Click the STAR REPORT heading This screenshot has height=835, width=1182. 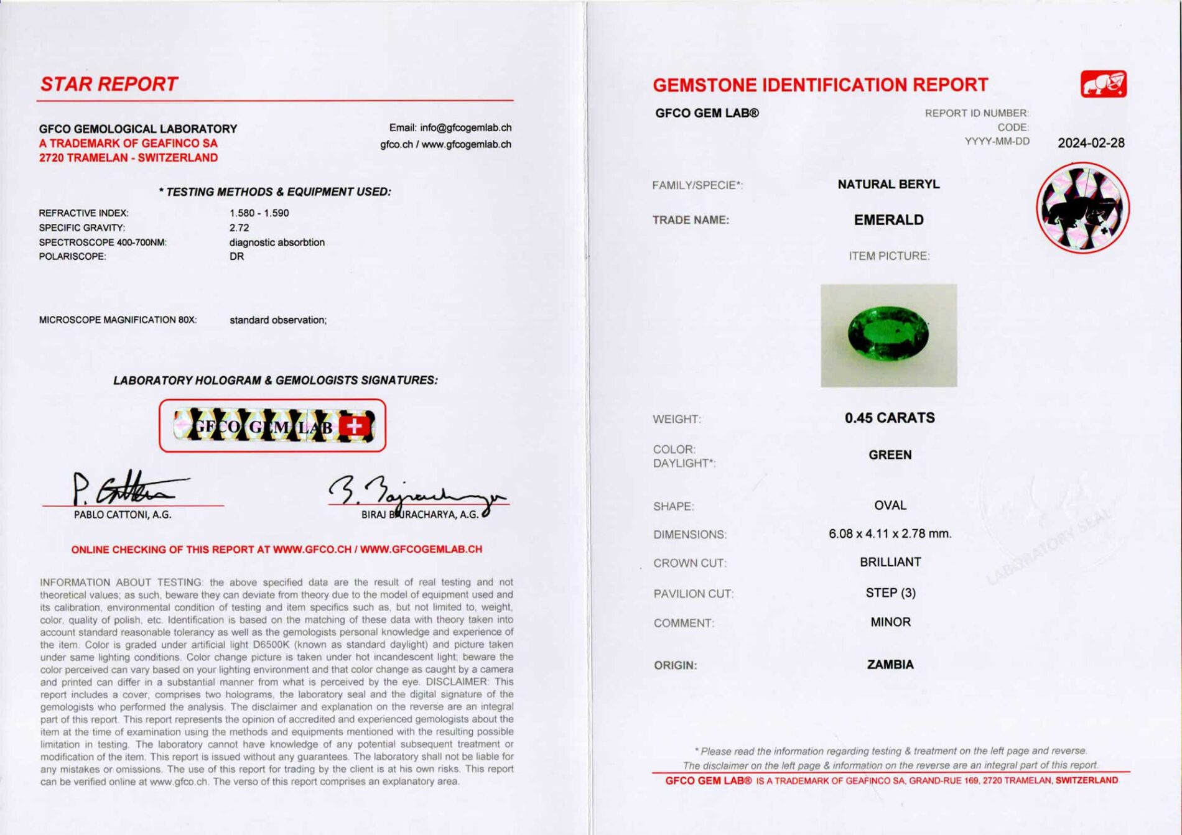(109, 84)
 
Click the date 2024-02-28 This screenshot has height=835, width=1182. (1091, 143)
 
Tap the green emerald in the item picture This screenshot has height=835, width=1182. (888, 334)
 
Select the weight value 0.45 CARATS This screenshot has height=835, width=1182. (889, 418)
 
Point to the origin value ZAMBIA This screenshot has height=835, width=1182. (890, 665)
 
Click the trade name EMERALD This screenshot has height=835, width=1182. (888, 220)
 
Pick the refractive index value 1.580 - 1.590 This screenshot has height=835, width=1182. (259, 213)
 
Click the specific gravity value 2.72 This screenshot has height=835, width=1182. (239, 228)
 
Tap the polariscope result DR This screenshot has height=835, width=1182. (236, 256)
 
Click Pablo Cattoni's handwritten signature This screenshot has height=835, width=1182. (124, 488)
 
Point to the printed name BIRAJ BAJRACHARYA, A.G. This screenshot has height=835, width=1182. (420, 515)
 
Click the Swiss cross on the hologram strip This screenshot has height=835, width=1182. (354, 427)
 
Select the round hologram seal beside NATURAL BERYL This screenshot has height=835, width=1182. (1082, 208)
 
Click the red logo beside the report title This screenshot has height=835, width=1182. (1103, 84)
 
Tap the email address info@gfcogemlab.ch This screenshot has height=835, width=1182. (465, 127)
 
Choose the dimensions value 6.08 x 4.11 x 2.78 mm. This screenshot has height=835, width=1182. (890, 533)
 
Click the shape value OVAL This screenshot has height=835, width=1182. (890, 505)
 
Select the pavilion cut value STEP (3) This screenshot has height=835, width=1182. (890, 593)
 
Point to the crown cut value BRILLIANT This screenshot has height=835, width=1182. (890, 562)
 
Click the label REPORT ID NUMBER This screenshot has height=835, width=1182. (976, 113)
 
